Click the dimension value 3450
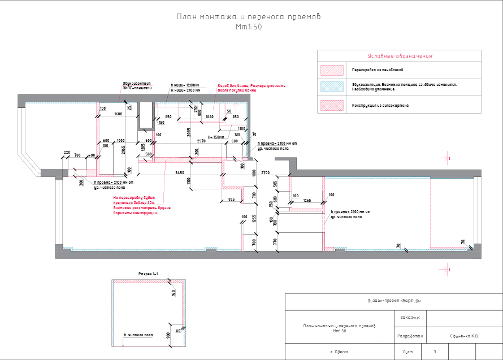coord(179,172)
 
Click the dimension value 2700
coord(267,172)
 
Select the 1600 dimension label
coord(118,115)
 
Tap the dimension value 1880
coord(210,116)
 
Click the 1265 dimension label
coord(307,201)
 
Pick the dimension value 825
coord(231,199)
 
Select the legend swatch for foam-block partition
coord(332,70)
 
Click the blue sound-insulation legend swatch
coord(332,86)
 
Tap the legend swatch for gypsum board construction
coord(332,105)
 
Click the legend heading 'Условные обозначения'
coord(400,56)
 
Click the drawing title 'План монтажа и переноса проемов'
coord(249,17)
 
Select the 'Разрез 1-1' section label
coord(148,274)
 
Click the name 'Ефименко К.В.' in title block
coord(461,336)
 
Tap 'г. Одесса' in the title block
coord(340,352)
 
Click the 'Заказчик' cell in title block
coord(410,317)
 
